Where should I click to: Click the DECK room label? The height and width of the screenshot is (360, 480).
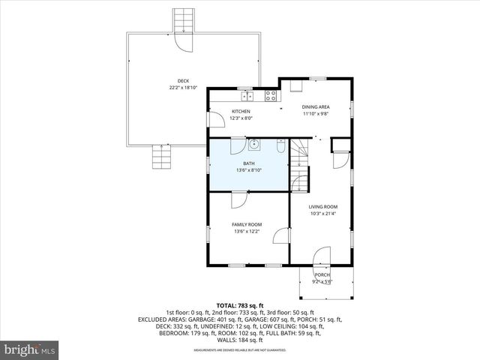183,81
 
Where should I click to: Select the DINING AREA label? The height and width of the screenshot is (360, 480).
316,107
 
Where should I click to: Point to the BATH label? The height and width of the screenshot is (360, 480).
248,163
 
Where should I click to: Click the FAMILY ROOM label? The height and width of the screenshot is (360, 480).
246,225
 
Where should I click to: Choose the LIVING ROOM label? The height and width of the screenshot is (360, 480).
323,207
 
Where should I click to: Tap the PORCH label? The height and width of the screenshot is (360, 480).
322,275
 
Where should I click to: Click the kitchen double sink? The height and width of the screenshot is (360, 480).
247,95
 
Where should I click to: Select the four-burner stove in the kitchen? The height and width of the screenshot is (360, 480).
270,95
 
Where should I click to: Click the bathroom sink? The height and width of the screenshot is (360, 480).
254,145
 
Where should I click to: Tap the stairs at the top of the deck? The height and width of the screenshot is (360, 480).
183,21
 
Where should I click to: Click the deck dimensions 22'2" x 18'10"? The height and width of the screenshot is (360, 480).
183,88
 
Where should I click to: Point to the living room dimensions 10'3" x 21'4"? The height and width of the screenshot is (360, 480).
323,214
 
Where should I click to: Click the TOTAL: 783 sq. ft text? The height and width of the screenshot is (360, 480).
240,306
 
